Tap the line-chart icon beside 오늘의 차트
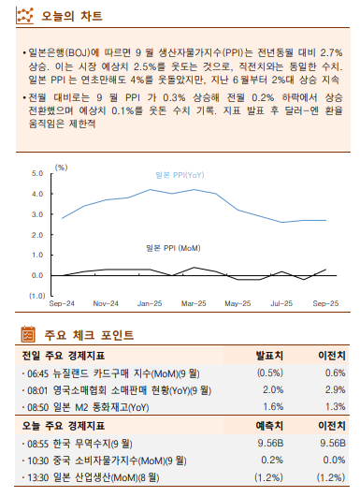coord(28,16)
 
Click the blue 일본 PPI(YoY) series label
coord(180,176)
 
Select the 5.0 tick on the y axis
coord(37,173)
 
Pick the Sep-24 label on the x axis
coord(62,304)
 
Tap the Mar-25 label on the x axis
coord(194,304)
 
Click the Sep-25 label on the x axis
coord(324,304)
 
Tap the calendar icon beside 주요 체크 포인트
coord(28,334)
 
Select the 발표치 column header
coord(269,356)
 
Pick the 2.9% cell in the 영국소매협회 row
coord(328,390)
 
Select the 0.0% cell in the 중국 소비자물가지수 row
coord(328,460)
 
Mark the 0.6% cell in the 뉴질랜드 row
coord(328,373)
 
